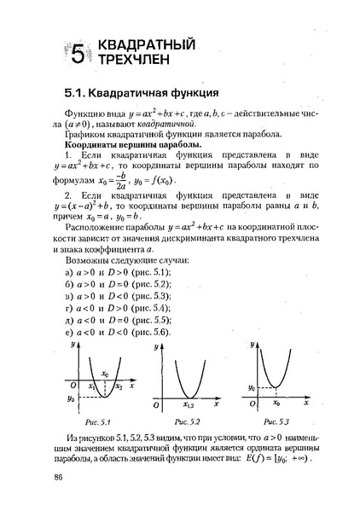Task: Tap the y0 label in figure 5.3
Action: coord(252,387)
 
